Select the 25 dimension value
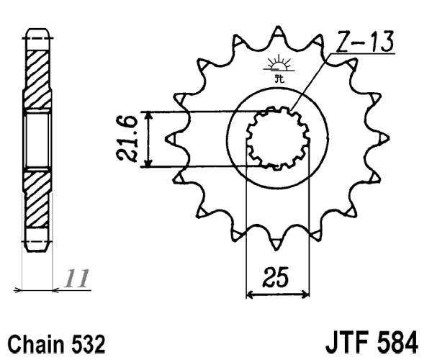(278, 277)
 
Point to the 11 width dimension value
(78, 277)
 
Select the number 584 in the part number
(399, 338)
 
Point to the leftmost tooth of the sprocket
(171, 137)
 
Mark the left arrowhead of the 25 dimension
(251, 294)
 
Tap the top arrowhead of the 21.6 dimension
(148, 116)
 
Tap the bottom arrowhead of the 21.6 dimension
(148, 163)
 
